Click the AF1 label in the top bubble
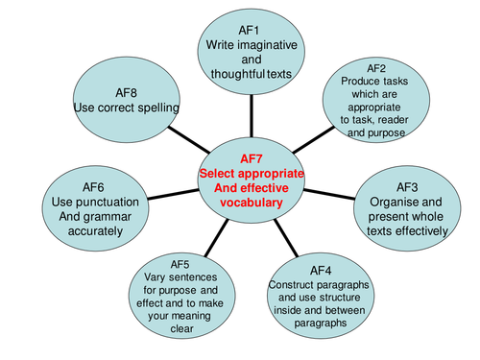click(x=252, y=30)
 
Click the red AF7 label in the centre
click(x=251, y=158)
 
